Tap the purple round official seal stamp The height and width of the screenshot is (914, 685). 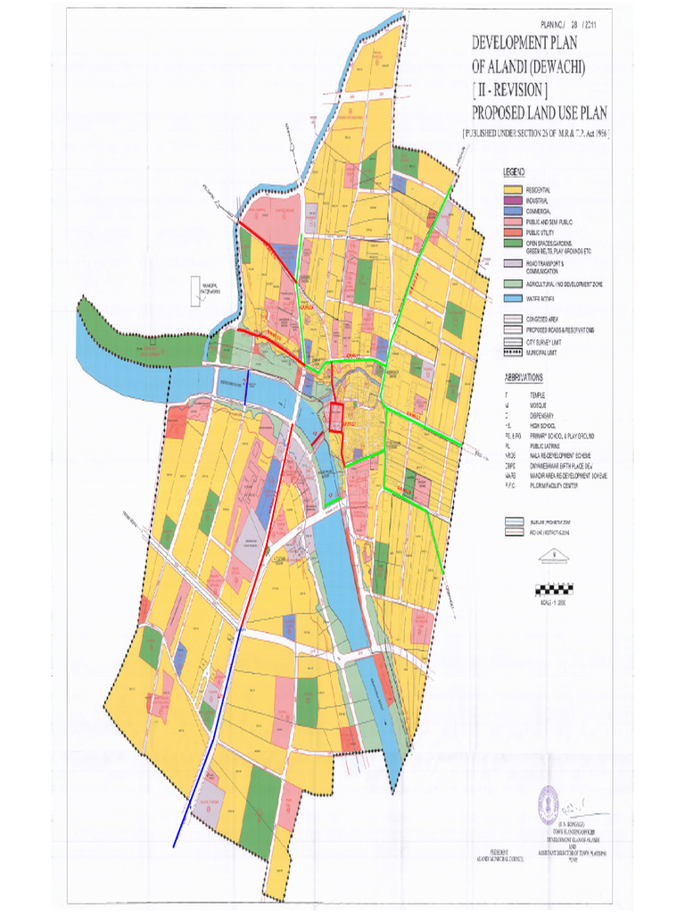click(x=548, y=806)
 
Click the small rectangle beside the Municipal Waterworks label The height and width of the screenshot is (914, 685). click(x=194, y=290)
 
